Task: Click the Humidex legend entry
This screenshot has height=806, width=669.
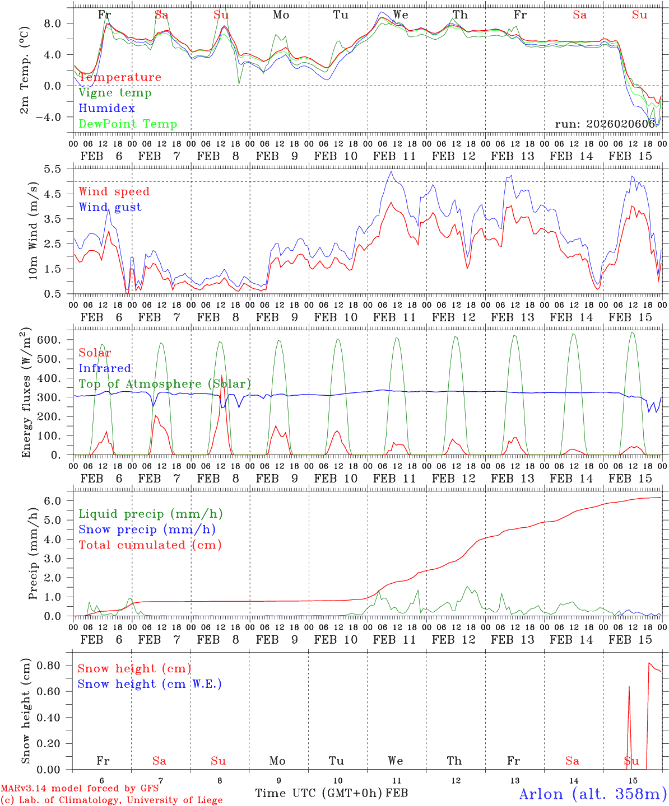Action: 106,109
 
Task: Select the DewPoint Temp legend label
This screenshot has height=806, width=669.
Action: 128,124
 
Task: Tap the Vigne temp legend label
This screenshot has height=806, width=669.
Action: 115,93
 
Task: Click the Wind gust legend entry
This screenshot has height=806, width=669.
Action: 110,207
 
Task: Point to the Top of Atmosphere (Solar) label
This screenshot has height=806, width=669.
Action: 164,384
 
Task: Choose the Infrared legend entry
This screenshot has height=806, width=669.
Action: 105,368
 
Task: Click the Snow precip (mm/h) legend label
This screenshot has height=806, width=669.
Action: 147,529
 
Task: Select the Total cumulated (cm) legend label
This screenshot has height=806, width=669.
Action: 150,545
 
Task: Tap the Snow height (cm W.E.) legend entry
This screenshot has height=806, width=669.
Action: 149,684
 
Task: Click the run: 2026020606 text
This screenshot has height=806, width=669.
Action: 605,124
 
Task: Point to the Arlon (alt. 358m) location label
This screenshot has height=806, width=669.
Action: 592,794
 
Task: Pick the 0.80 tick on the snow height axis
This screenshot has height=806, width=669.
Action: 54,666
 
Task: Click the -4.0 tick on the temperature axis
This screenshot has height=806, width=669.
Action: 54,117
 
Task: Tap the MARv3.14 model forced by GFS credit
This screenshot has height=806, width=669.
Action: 80,788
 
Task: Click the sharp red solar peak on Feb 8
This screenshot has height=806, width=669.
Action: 222,376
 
